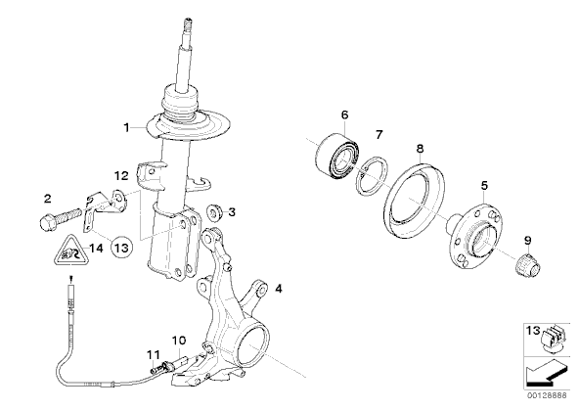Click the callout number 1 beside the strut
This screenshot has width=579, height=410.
127,128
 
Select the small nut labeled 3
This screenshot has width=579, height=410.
214,212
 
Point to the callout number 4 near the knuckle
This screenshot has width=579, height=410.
279,289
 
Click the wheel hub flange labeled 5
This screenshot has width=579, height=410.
475,237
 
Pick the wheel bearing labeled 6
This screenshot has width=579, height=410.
337,158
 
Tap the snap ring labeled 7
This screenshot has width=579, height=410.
373,174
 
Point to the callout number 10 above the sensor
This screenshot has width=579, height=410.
179,341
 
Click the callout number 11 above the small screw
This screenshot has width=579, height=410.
154,355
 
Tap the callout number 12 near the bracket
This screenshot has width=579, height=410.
120,176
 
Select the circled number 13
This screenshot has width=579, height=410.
121,248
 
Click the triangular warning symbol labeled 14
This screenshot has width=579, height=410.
70,251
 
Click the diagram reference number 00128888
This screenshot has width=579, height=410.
547,395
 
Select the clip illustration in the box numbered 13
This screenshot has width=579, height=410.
552,337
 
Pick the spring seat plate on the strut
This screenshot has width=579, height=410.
189,126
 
